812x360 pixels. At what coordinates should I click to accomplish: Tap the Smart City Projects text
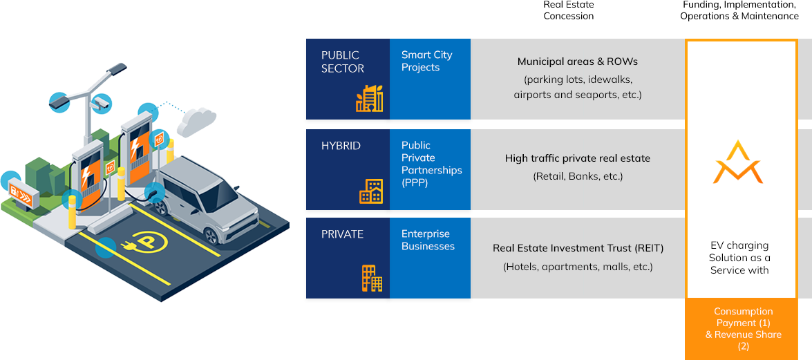426,61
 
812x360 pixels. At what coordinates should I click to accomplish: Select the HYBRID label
341,146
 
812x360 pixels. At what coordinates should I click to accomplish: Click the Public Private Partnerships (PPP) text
431,164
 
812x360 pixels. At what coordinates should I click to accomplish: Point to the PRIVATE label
342,234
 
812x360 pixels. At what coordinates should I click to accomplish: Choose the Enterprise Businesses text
428,240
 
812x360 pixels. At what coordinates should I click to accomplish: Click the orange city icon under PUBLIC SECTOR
369,99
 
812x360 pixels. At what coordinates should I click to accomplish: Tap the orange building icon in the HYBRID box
370,191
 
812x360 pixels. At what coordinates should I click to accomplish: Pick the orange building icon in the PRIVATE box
372,278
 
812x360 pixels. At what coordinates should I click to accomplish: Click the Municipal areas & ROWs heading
577,61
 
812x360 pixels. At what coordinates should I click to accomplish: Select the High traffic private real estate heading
578,158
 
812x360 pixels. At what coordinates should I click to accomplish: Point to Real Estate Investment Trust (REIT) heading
578,248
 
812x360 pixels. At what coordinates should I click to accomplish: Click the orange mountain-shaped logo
737,163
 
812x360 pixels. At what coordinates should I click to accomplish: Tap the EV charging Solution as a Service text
739,258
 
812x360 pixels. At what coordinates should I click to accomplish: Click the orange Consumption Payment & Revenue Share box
743,329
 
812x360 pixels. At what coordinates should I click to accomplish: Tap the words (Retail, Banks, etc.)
578,176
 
